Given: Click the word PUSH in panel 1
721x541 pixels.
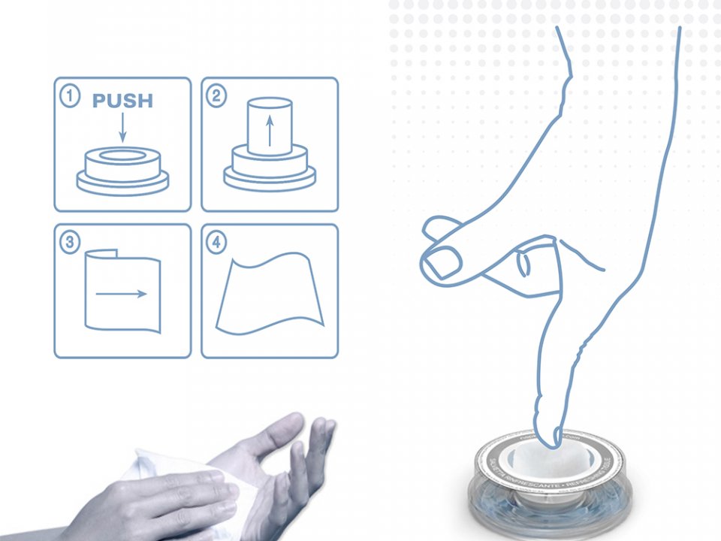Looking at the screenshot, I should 122,101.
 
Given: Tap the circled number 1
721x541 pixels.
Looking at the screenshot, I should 70,97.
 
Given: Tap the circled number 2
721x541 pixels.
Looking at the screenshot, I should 217,97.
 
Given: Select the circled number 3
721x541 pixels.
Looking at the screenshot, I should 70,243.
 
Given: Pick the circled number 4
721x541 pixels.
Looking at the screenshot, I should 217,243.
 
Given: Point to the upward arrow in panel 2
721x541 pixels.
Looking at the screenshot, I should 269,129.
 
